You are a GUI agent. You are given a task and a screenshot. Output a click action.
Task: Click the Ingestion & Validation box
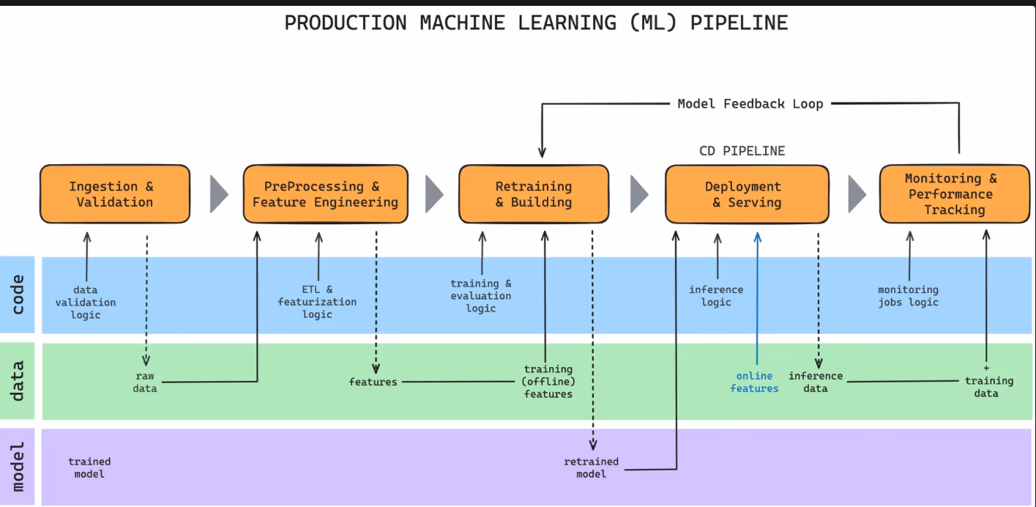point(115,194)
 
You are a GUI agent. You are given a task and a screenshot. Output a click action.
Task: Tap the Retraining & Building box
point(533,194)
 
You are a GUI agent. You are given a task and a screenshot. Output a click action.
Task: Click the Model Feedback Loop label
point(750,104)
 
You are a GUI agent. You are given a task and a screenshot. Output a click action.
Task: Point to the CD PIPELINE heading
point(742,151)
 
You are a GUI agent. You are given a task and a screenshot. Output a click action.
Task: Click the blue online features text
point(754,382)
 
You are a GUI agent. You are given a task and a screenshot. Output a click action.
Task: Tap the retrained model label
point(591,467)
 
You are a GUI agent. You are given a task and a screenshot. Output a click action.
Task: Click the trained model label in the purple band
point(89,467)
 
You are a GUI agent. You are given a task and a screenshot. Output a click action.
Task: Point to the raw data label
point(145,382)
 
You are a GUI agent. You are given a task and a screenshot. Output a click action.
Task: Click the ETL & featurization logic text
point(317,302)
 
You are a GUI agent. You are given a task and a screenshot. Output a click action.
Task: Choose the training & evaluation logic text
point(481,296)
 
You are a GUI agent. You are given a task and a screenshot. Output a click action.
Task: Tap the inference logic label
point(716,296)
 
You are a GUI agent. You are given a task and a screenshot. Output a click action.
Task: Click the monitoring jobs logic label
point(908,296)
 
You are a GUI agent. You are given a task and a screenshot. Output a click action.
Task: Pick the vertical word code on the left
point(18,295)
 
